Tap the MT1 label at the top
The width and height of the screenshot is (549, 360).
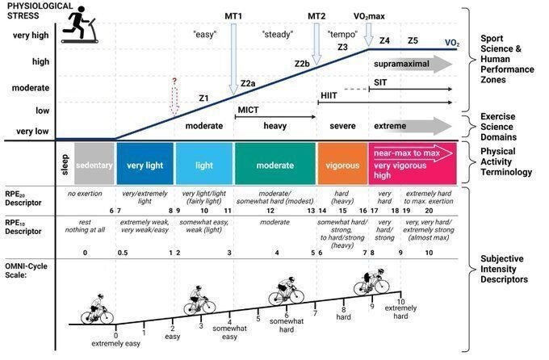233,16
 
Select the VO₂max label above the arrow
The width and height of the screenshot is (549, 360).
368,16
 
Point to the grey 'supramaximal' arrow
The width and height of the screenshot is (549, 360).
412,65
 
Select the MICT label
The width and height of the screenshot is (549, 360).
248,109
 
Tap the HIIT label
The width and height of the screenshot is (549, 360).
329,95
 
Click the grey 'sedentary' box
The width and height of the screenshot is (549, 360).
94,165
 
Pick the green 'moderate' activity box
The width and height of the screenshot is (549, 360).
274,165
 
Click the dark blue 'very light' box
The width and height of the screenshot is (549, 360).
145,165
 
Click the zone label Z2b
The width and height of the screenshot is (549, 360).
302,63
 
